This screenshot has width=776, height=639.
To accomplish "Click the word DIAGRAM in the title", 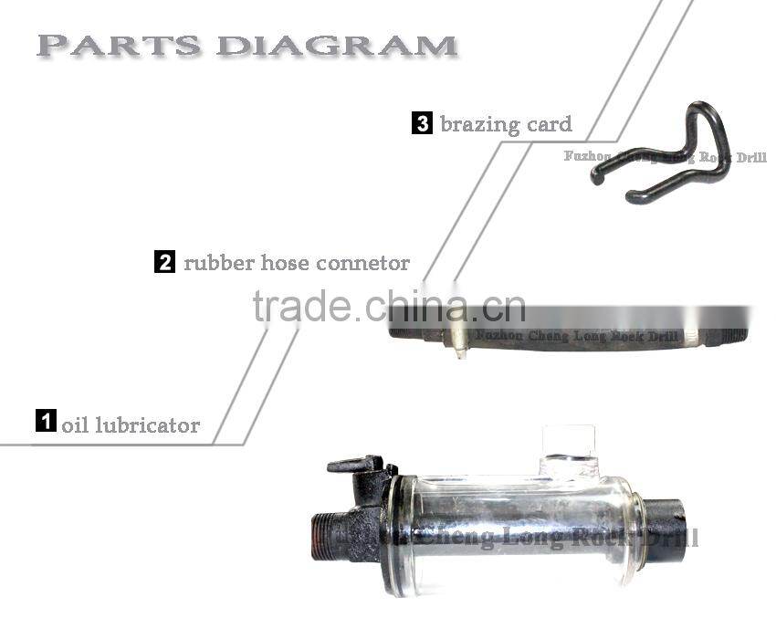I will pyautogui.click(x=337, y=45).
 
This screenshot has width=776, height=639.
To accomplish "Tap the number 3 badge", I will pyautogui.click(x=422, y=123).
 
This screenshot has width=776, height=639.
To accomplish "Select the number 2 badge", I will pyautogui.click(x=164, y=263).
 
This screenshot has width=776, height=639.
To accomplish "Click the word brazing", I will pyautogui.click(x=480, y=124).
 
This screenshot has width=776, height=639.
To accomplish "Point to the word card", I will pyautogui.click(x=550, y=124).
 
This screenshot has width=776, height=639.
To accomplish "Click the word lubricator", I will pyautogui.click(x=147, y=425).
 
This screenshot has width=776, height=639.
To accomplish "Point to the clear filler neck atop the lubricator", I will pyautogui.click(x=570, y=447).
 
